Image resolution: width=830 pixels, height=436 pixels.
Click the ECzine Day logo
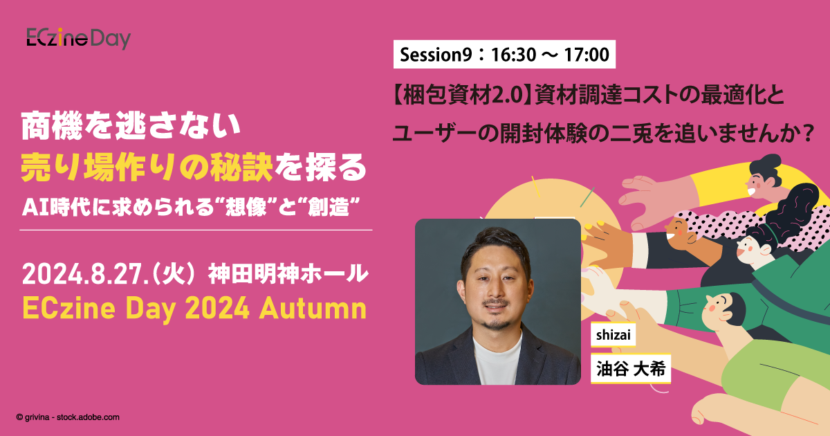[x=79, y=38]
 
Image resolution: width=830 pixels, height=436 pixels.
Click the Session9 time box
[x=504, y=55]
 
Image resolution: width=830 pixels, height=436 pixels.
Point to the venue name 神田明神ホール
[x=288, y=274]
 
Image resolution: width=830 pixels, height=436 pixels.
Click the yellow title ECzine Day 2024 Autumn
[x=195, y=309]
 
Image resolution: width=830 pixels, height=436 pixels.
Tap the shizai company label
[x=614, y=335]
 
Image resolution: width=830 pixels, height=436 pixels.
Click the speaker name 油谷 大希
[x=631, y=368]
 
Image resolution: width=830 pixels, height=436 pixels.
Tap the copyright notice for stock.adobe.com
[x=68, y=417]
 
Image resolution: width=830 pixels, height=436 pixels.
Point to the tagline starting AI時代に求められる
[x=191, y=207]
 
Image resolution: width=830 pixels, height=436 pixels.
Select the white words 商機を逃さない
[x=131, y=127]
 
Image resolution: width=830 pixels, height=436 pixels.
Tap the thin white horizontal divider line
[x=196, y=230]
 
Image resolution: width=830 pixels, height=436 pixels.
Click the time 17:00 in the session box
[x=587, y=55]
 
